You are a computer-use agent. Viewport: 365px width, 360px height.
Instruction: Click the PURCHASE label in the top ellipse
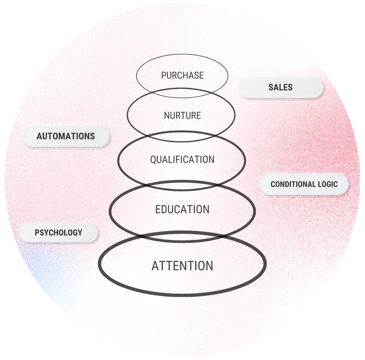(182, 75)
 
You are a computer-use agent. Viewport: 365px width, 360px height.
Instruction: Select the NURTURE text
(182, 115)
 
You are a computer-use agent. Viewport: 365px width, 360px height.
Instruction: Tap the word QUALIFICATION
(182, 159)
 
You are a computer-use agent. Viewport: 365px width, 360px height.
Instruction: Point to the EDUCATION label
(182, 209)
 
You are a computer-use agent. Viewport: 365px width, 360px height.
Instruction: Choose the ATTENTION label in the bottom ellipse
(182, 265)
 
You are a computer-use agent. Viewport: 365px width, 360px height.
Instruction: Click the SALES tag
(281, 87)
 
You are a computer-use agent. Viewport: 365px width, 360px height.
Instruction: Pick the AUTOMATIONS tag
(66, 136)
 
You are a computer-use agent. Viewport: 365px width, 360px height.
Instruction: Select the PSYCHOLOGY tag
(58, 232)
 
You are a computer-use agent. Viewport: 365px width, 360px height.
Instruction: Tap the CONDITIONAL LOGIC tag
(304, 185)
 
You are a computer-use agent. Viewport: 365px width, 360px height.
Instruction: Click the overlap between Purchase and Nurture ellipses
(182, 93)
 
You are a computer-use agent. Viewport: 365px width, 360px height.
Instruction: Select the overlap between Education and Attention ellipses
(182, 237)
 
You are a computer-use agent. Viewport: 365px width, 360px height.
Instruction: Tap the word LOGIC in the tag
(328, 185)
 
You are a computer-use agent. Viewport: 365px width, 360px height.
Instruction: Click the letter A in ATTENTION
(155, 266)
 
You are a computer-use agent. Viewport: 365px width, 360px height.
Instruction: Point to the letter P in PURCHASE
(163, 75)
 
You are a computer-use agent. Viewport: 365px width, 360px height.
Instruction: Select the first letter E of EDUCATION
(158, 210)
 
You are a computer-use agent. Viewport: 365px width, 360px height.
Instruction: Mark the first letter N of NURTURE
(167, 115)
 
